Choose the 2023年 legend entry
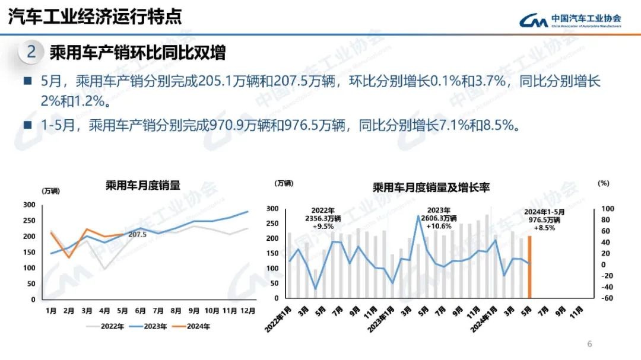(152, 326)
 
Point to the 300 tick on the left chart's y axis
(29, 205)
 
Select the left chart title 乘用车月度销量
(142, 185)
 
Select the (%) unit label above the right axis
(604, 183)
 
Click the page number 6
(589, 344)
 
